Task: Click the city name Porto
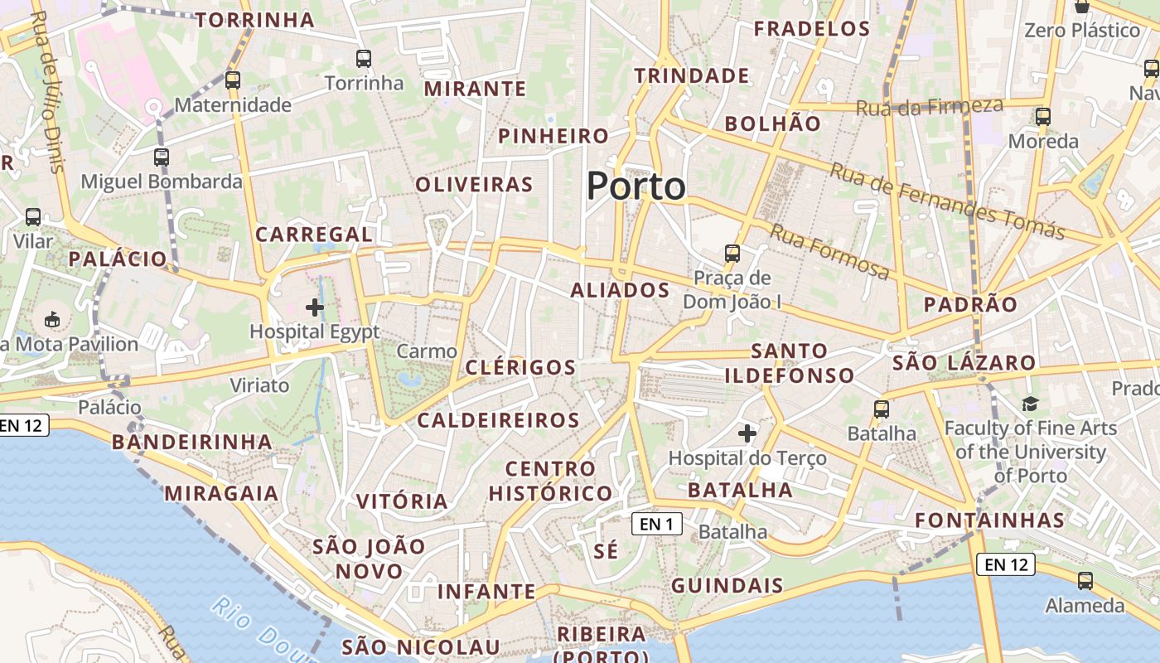[x=636, y=186]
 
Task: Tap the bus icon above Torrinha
[x=364, y=58]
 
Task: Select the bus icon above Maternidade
[x=233, y=80]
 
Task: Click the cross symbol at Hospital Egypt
[x=315, y=307]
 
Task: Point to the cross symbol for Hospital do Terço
[x=747, y=433]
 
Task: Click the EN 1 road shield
[x=656, y=524]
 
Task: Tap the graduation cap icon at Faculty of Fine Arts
[x=1030, y=404]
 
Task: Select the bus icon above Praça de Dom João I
[x=732, y=253]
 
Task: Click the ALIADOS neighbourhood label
[x=620, y=290]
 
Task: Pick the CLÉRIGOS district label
[x=520, y=367]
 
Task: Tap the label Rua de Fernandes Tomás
[x=947, y=201]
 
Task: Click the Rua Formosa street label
[x=829, y=250]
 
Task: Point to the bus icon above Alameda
[x=1085, y=581]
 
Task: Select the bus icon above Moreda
[x=1043, y=117]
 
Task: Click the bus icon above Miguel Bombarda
[x=162, y=157]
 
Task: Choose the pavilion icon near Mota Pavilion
[x=52, y=318]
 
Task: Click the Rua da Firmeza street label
[x=929, y=107]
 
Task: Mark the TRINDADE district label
[x=692, y=76]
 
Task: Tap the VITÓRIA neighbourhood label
[x=402, y=501]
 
